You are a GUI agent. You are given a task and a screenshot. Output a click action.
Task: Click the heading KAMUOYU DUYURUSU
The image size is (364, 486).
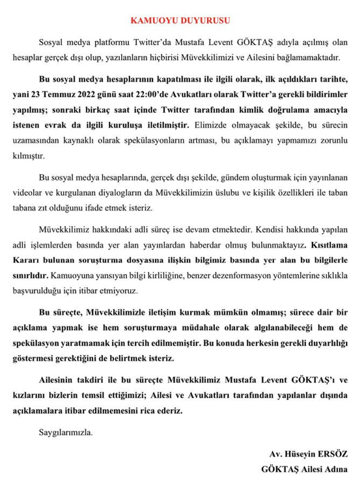pyautogui.click(x=182, y=21)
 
